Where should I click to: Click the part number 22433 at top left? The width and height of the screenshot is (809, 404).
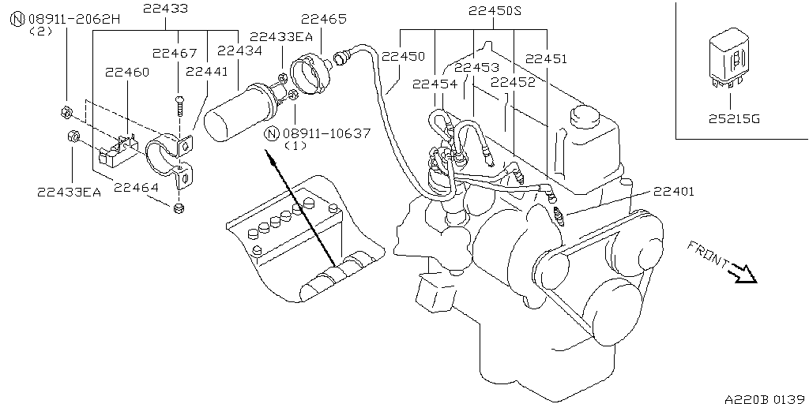coord(165,9)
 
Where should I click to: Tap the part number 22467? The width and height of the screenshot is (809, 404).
coord(175,53)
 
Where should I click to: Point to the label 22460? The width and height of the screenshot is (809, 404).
coord(127,72)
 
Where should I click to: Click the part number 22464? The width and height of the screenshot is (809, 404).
coord(135,187)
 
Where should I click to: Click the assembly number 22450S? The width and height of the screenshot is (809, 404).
coord(495,11)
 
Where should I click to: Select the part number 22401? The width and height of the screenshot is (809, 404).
coord(674,190)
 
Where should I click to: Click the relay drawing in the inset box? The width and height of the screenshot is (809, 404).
coord(730,62)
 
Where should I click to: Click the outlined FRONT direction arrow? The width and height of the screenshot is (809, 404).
coord(743,272)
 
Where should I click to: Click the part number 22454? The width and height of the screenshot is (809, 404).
coord(435,83)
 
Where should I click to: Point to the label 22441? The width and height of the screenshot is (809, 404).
coord(206,72)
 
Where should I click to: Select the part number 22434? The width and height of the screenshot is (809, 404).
coord(239,50)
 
